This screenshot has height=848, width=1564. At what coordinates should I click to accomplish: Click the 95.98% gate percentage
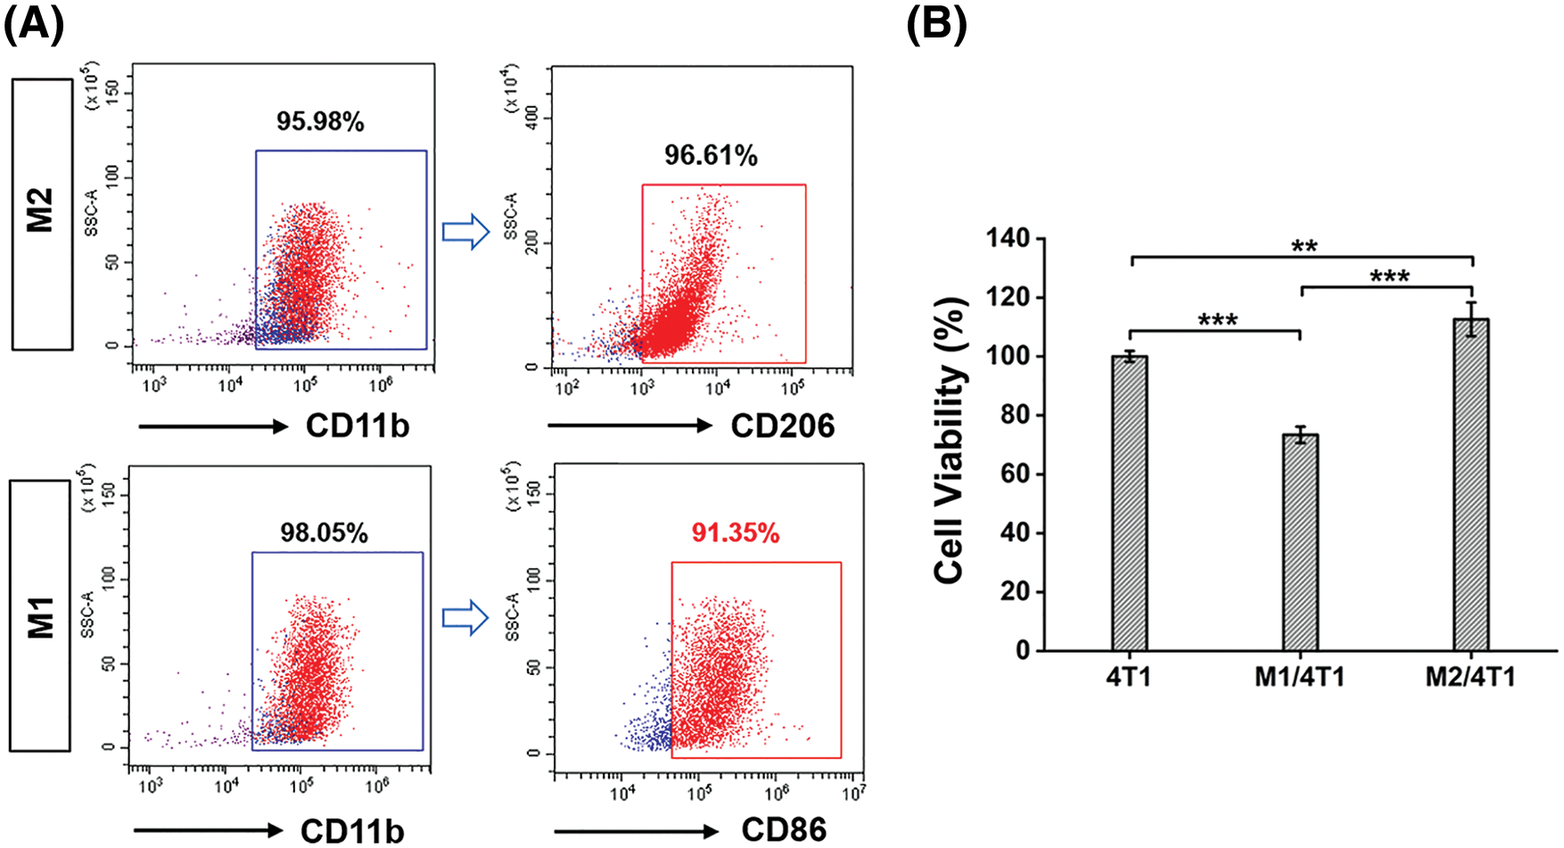tap(320, 122)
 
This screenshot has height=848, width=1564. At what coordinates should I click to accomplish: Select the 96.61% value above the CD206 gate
tap(711, 156)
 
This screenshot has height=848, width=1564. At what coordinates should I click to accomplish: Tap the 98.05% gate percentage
tap(324, 533)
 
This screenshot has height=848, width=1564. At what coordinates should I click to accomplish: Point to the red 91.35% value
tap(736, 533)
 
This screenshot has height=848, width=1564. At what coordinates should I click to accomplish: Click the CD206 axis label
tap(782, 426)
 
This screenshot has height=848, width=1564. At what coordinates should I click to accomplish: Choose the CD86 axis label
tap(784, 830)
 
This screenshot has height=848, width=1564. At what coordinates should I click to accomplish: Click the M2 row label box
tap(42, 214)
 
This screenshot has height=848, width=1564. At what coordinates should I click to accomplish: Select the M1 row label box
tap(40, 616)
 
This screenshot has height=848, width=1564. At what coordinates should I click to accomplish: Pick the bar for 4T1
tap(1129, 503)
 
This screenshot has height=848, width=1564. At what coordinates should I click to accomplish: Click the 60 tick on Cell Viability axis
tap(1015, 473)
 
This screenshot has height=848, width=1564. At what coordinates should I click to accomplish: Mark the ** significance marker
tap(1304, 246)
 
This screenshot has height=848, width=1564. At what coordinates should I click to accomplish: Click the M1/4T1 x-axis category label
tap(1299, 678)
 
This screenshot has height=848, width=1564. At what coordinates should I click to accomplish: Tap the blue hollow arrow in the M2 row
tap(466, 233)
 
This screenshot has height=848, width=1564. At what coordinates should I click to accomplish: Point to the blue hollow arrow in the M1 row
tap(465, 618)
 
